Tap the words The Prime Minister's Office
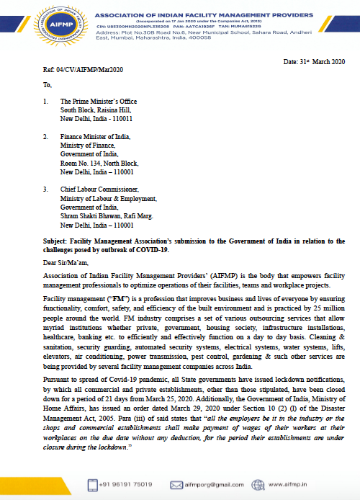99,102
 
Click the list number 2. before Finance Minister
46,137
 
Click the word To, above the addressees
48,87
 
